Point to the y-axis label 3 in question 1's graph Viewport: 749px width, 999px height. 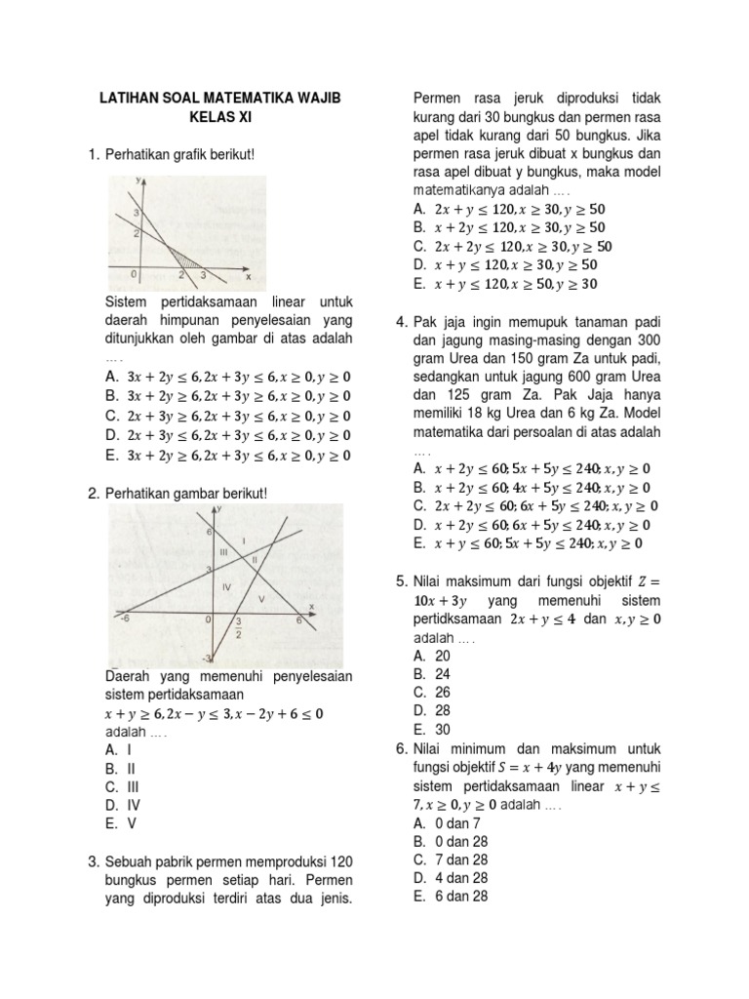138,212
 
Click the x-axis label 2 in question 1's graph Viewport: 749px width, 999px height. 181,276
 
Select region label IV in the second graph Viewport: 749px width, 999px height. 226,586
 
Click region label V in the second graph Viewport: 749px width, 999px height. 260,596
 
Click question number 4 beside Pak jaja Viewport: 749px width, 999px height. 401,322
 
